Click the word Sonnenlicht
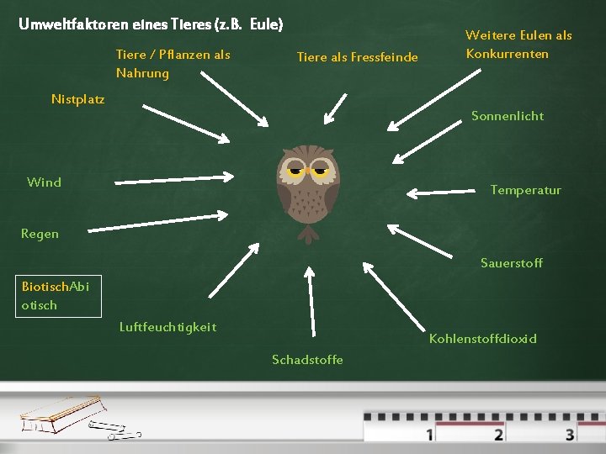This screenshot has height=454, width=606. pos(508,116)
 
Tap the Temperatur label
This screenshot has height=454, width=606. pos(525,190)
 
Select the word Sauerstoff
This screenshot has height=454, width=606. pos(511,263)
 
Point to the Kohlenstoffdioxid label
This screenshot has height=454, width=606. pos(482,339)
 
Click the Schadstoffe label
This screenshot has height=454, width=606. pos(307,360)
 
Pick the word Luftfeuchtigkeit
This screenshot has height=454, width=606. pos(167,326)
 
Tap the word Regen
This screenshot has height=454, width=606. pos(40,234)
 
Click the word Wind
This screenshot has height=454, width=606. pos(44,182)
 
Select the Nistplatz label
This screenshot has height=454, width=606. pos(77,99)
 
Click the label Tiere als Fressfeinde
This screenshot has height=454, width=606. pos(357,57)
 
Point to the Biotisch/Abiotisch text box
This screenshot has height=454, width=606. pos(56,295)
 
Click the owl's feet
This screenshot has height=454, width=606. pos(309,233)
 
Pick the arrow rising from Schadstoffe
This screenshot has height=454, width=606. pos(311,303)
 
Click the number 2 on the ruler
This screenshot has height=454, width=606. pos(499,434)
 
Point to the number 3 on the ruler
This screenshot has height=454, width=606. pos(570,434)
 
